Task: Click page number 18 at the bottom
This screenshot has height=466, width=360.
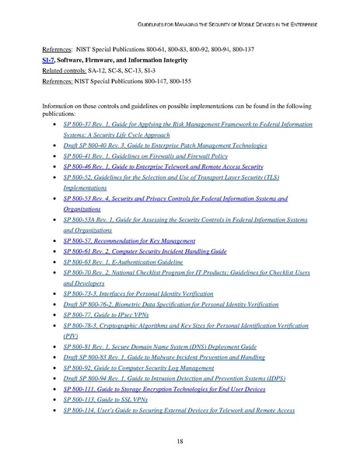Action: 179,440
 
